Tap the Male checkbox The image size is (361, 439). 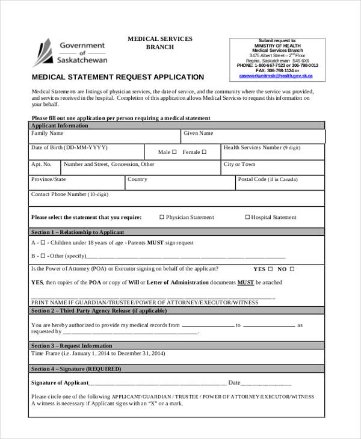point(174,152)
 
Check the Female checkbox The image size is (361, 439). point(205,152)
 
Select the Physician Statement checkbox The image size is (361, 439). point(161,217)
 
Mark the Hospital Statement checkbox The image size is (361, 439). point(247,217)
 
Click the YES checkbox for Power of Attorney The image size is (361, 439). point(270,269)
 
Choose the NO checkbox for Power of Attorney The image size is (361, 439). point(292,269)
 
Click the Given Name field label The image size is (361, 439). point(199,134)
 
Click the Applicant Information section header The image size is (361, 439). point(60,126)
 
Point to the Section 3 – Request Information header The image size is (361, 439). point(72,346)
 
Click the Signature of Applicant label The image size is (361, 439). point(60,382)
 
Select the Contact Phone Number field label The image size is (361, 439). point(69,195)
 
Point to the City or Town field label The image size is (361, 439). point(239,164)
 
